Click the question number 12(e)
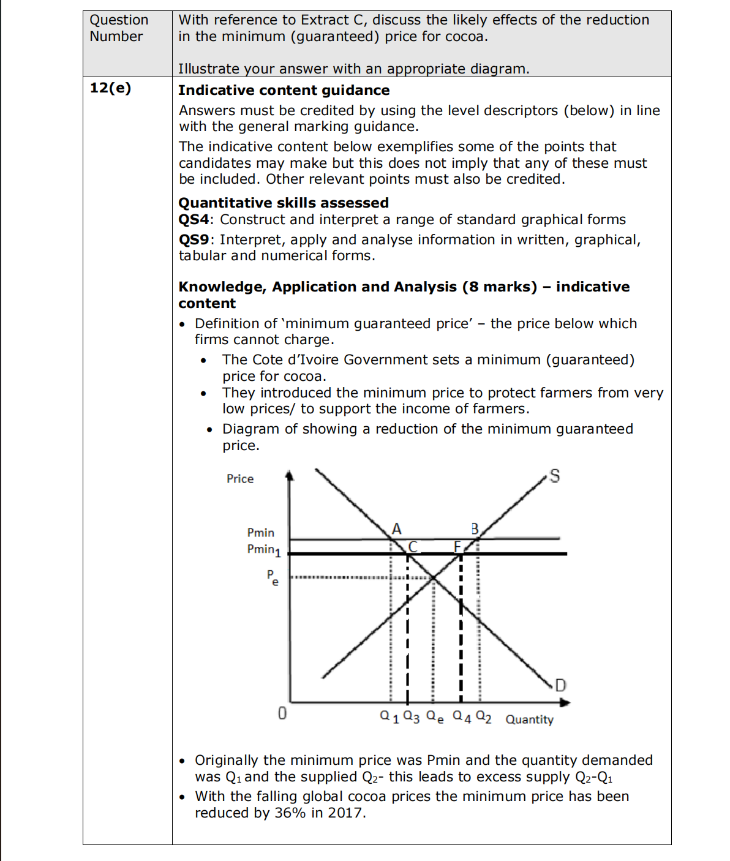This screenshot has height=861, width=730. point(110,88)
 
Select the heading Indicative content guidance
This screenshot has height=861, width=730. point(284,91)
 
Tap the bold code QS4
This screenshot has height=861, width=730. point(194,220)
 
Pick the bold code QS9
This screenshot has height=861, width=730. point(194,240)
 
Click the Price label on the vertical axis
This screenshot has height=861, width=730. point(240,479)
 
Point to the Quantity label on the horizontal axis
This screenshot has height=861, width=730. point(529,720)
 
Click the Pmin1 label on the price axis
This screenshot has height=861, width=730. point(263,550)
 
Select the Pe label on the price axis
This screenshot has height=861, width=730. point(273,577)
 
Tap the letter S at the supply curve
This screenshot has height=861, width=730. point(554,476)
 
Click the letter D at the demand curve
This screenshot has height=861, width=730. point(560,685)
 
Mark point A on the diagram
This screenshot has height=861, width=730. point(397,528)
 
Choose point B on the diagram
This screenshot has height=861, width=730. point(475,528)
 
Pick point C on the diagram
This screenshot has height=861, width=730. point(413,546)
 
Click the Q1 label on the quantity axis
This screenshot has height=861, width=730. point(389,716)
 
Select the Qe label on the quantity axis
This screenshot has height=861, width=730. point(435,716)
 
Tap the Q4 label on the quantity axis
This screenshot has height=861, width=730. point(462,716)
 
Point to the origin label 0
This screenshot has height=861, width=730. point(282,713)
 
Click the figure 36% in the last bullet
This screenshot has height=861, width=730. point(290,813)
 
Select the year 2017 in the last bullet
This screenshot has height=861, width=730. point(345,813)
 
